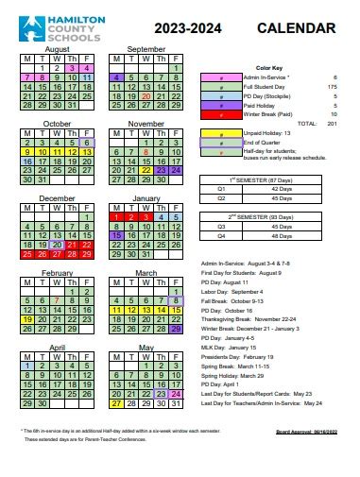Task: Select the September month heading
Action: point(146,48)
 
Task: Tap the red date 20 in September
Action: point(146,95)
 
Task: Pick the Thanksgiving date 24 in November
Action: point(176,170)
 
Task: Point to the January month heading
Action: point(146,198)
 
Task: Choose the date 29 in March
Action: point(176,329)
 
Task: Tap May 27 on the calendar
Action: point(116,402)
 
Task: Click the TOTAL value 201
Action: point(331,123)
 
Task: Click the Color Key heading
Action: point(269,68)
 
